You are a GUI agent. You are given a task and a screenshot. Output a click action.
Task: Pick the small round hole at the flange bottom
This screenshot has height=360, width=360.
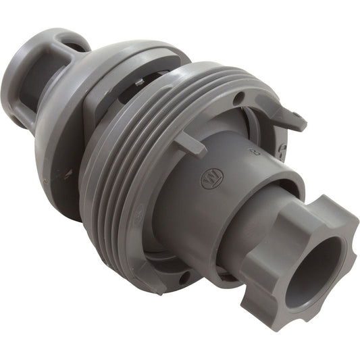(x=182, y=278)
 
